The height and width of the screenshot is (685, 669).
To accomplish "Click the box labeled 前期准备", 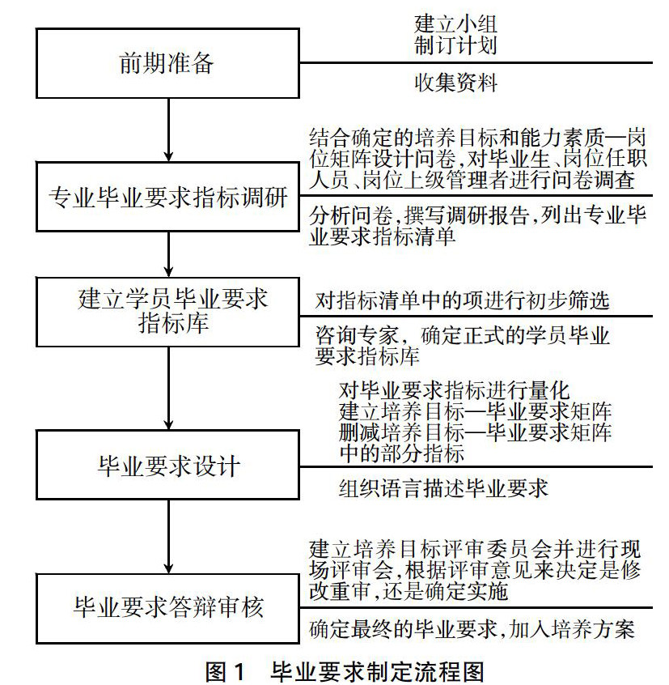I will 167,64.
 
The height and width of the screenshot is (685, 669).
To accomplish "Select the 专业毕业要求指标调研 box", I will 167,197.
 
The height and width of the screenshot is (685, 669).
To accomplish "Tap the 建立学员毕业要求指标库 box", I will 167,311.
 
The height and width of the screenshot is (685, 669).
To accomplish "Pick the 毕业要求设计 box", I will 167,466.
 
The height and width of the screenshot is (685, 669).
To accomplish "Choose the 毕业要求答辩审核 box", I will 167,608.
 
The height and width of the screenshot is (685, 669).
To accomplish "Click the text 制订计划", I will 455,45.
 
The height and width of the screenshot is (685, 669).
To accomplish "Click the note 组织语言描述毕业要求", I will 443,487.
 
